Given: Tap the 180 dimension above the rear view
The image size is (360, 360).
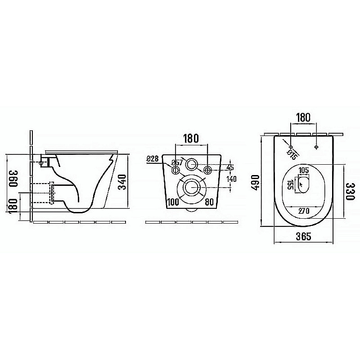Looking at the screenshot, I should (x=191, y=139).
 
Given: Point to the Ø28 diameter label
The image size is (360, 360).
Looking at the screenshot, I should (x=153, y=158).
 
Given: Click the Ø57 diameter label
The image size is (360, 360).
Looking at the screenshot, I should (x=177, y=162).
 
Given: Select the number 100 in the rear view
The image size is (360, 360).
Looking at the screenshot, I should (x=173, y=202).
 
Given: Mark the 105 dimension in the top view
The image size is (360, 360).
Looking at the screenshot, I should (x=304, y=170).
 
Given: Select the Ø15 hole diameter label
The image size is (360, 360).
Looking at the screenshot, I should (x=291, y=154).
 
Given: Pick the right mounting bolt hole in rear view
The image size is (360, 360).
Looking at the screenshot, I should (x=207, y=170).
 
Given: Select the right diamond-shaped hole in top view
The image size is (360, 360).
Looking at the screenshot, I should (x=317, y=147).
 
